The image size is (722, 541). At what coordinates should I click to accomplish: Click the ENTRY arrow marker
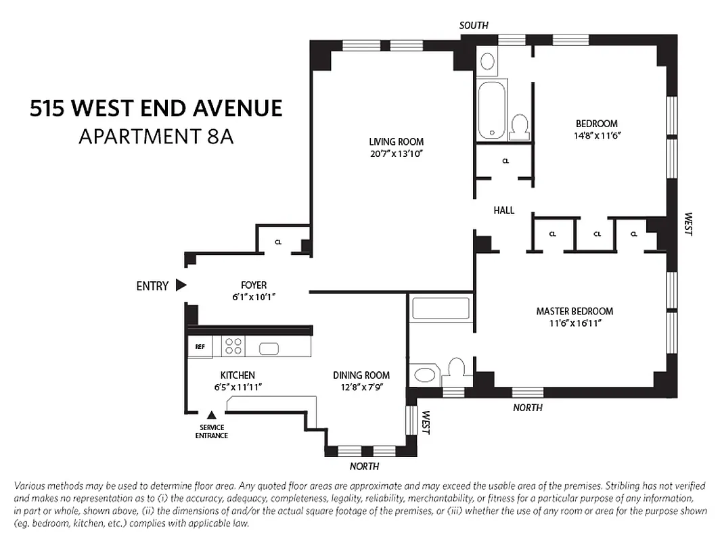tap(181, 285)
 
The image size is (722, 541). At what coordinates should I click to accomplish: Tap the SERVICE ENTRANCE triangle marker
tap(212, 415)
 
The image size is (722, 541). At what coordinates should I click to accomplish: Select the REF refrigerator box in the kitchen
tap(200, 347)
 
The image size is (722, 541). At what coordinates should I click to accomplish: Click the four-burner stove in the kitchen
tap(233, 347)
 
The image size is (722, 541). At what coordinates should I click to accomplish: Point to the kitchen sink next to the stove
tap(269, 349)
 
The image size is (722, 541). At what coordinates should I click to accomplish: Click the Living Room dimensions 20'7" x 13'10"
tap(397, 154)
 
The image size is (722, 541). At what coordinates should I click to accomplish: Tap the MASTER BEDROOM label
tap(574, 311)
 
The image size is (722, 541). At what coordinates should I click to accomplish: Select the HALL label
tap(503, 210)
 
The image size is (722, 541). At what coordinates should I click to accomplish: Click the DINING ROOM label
tap(361, 375)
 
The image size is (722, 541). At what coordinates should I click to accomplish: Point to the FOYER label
tap(254, 285)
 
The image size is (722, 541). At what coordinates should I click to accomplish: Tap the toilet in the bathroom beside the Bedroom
tap(520, 126)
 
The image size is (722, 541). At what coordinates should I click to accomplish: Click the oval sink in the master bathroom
tap(426, 375)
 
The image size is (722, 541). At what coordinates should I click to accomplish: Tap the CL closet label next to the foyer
tap(278, 241)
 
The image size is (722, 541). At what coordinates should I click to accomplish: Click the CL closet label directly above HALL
tap(505, 161)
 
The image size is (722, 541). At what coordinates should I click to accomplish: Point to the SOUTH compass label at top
tap(474, 26)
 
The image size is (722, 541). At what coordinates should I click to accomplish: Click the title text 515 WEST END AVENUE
tap(156, 108)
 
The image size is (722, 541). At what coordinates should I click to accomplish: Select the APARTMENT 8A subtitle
tap(156, 136)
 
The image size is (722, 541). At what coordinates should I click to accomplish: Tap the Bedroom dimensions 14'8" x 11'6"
tap(596, 135)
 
